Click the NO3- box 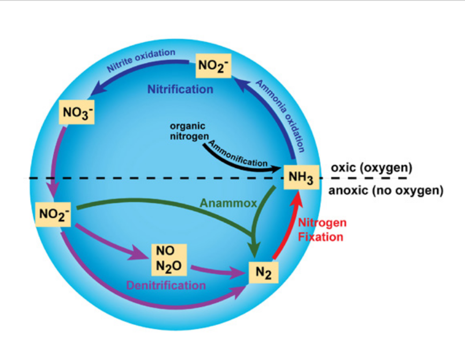click(x=77, y=112)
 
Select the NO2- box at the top click(x=213, y=65)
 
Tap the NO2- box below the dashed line click(x=53, y=215)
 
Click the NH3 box click(x=301, y=177)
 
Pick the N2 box click(x=263, y=272)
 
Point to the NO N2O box click(x=169, y=260)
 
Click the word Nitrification click(x=180, y=89)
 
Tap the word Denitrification click(x=166, y=285)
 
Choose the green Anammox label click(x=228, y=203)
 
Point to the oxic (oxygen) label click(x=372, y=168)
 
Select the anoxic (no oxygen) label click(x=386, y=190)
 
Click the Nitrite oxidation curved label click(x=141, y=61)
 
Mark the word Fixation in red click(x=321, y=237)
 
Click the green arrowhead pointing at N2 click(x=254, y=249)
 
